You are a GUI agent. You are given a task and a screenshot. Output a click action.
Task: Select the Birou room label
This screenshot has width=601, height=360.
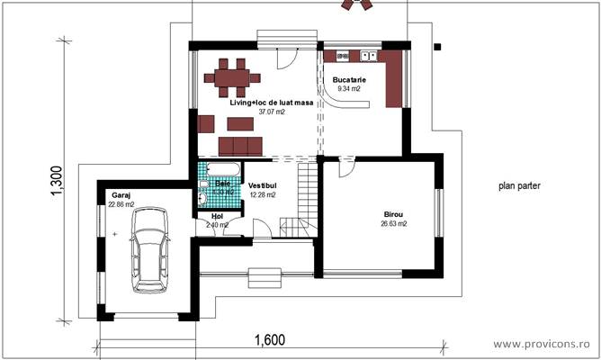pos(394,214)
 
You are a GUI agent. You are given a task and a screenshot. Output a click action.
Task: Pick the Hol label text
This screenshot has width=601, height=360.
pos(216,216)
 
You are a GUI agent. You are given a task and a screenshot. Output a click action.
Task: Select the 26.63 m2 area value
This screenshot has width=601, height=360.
pos(394,224)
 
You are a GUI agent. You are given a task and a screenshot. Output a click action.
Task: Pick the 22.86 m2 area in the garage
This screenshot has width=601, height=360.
pos(121,203)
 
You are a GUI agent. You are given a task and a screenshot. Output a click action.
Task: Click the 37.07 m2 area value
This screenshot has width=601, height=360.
pos(271,112)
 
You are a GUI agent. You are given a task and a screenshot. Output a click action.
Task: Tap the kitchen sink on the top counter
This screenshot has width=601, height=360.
pos(368,56)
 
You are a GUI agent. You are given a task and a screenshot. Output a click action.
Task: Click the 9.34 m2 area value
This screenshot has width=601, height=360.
pos(349,89)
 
